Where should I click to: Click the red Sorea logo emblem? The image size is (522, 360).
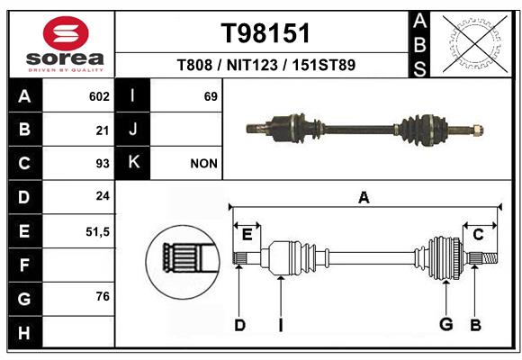(66, 33)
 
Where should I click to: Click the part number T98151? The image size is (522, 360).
(265, 33)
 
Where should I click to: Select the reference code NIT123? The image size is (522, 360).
(252, 65)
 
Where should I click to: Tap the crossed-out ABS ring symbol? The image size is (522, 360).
(475, 44)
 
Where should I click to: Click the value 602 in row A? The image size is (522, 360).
(99, 96)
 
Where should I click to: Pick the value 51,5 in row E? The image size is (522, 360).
(97, 232)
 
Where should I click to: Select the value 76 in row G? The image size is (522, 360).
(103, 296)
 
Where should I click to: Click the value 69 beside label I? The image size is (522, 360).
(211, 96)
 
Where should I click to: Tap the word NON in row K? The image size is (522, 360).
(203, 164)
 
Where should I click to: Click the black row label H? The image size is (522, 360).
(25, 332)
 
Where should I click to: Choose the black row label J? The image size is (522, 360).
(132, 129)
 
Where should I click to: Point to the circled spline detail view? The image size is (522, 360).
(183, 262)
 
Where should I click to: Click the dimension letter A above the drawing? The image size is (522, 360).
(364, 197)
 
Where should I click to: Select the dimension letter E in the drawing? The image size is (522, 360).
(247, 235)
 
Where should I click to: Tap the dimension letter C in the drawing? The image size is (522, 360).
(478, 235)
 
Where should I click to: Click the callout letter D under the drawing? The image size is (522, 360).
(239, 325)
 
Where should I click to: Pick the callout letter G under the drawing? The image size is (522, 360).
(446, 324)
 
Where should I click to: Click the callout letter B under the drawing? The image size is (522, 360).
(475, 325)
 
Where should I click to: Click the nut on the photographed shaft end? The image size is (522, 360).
(477, 130)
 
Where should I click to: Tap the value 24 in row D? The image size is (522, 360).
(103, 196)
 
